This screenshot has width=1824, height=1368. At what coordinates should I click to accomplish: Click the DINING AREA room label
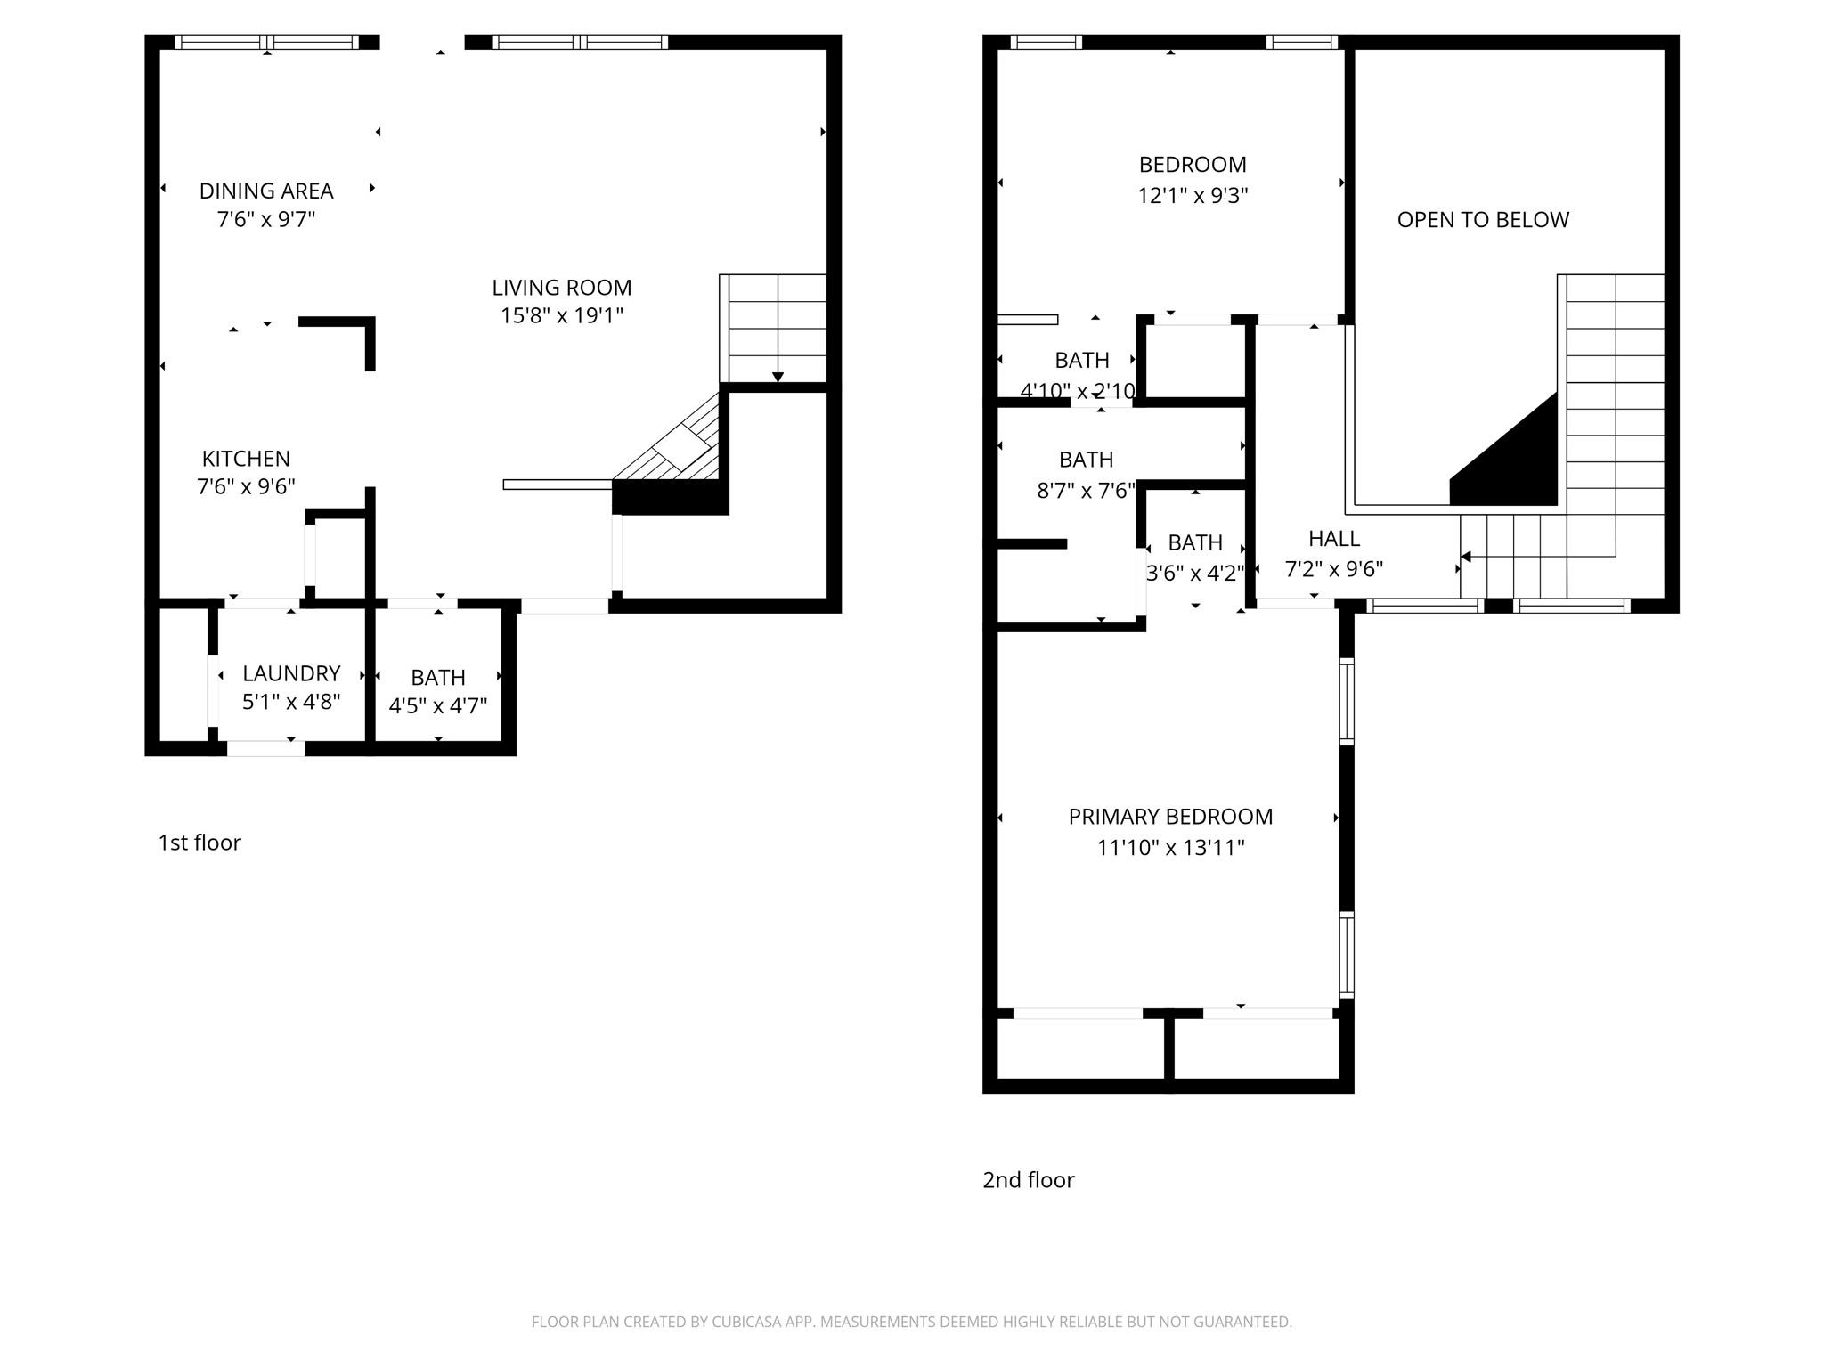point(265,191)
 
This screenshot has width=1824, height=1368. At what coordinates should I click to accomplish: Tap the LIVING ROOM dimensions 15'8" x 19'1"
point(561,316)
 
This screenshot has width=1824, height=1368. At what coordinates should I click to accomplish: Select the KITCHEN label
point(246,459)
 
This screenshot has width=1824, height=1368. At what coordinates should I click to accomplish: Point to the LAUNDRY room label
point(291,673)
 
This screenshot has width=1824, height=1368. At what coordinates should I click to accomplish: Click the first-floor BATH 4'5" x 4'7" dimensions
point(438,706)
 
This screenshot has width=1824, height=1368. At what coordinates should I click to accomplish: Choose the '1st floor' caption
point(199,843)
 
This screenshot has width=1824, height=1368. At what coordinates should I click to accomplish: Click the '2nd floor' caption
point(1028,1180)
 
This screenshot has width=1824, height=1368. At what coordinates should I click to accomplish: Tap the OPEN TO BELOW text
point(1483,220)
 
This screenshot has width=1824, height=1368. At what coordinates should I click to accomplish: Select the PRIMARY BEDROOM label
point(1170,817)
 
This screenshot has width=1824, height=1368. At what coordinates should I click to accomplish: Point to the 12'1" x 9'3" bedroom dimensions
point(1193,196)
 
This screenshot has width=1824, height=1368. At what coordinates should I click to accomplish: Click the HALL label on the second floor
point(1333,539)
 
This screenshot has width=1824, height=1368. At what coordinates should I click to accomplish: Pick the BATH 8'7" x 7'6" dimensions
point(1086,491)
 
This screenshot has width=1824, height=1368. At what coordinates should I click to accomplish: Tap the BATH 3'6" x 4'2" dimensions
point(1194,574)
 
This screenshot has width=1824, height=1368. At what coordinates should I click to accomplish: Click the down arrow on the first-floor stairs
point(778,377)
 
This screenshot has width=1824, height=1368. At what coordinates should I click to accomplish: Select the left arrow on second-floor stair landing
point(1466,557)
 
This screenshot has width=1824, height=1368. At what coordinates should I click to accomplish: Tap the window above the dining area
point(267,42)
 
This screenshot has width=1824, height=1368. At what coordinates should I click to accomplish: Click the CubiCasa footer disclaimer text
point(911,1322)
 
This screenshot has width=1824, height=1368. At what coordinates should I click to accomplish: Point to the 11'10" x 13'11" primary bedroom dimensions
point(1170,848)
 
